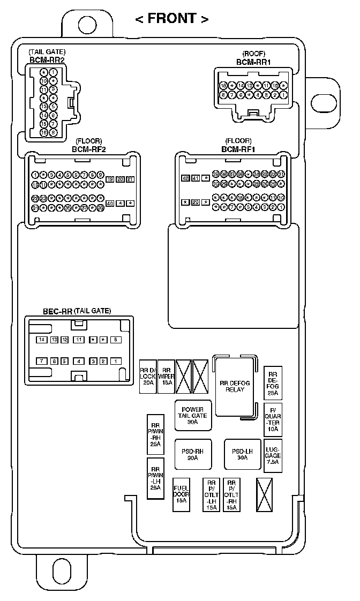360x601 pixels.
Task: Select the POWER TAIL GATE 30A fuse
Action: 192,416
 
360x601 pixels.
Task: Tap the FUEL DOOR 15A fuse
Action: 181,494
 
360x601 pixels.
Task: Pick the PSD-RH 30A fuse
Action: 192,454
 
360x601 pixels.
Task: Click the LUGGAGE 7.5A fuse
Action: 273,455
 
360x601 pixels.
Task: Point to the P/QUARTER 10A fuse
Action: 273,420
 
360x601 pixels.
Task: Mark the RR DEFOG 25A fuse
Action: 273,383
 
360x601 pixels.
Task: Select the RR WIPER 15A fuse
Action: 166,376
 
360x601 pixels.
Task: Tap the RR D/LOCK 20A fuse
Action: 148,376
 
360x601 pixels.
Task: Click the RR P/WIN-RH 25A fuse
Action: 155,433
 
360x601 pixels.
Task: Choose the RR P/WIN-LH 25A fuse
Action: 155,478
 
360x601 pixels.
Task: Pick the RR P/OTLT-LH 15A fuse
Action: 212,494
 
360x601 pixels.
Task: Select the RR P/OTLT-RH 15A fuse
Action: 231,494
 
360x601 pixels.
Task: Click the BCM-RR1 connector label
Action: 253,62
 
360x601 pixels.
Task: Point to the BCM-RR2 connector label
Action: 47,60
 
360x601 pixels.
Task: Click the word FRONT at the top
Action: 171,19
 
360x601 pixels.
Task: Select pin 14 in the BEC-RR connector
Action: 42,340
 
